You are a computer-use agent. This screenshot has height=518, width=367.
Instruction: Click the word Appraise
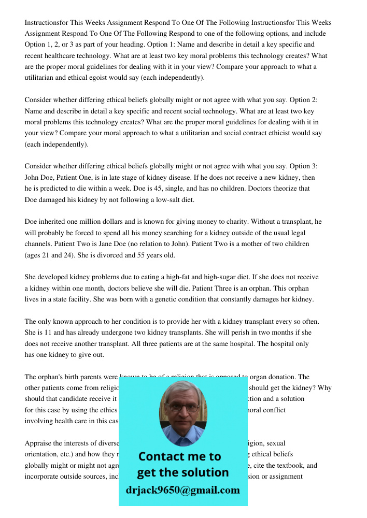coord(38,443)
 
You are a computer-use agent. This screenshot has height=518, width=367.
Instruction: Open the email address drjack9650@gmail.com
coord(183,490)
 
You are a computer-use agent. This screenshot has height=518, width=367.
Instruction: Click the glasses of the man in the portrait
coord(182,407)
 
